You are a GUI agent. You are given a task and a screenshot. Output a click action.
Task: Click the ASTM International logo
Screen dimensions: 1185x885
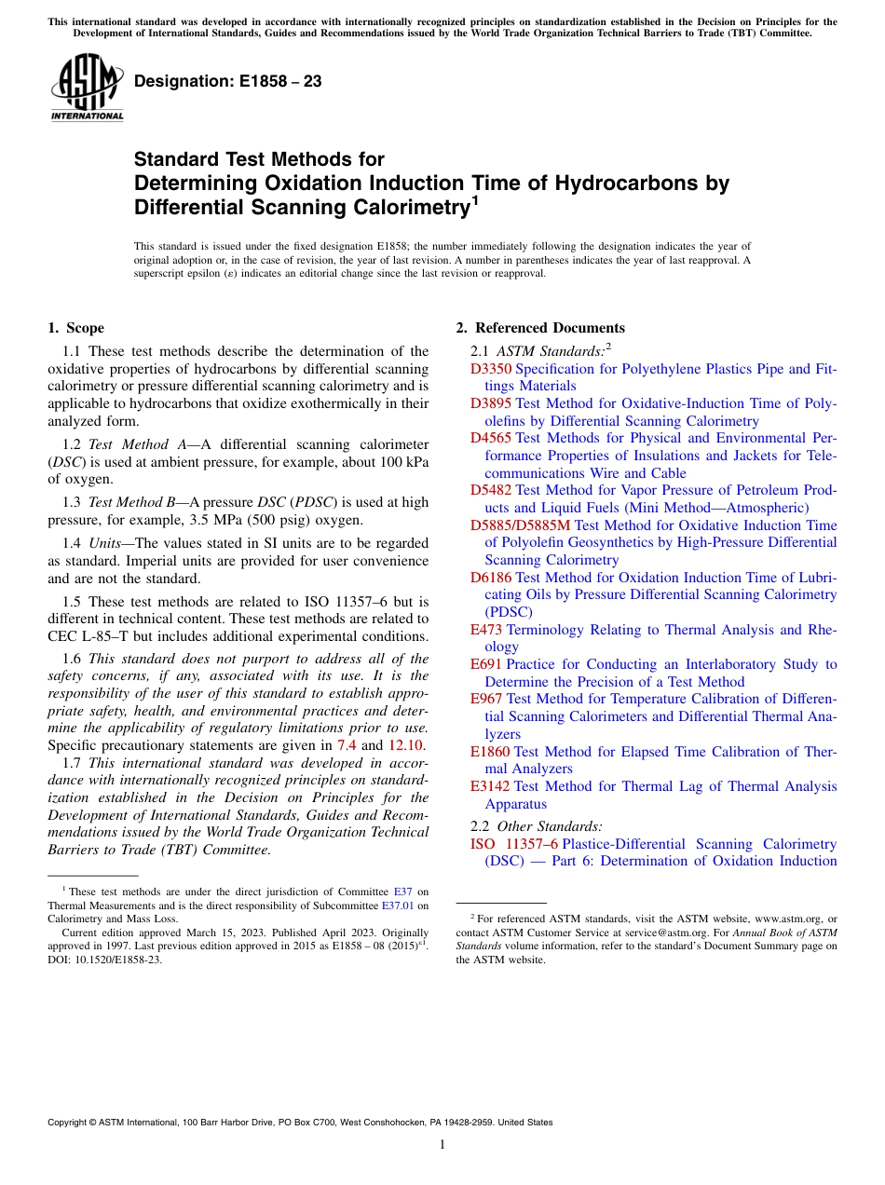(87, 88)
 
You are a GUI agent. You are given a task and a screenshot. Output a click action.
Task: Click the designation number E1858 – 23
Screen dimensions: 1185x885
(228, 82)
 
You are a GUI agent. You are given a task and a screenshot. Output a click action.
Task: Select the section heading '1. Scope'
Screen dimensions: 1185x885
(75, 328)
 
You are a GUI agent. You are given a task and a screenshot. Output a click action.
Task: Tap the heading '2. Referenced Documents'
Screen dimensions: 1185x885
(540, 328)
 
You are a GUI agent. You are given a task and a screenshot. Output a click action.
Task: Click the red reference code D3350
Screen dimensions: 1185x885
(490, 369)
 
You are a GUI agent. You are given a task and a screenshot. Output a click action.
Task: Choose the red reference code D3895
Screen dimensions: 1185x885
(490, 403)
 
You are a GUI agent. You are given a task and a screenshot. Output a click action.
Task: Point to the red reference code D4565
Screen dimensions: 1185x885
(490, 438)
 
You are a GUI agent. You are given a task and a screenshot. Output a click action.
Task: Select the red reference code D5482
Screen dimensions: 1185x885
(490, 490)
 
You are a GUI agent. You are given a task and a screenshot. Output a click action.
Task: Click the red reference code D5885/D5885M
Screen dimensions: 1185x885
(520, 525)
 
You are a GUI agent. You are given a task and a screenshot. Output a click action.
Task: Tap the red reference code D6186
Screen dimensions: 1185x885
(490, 578)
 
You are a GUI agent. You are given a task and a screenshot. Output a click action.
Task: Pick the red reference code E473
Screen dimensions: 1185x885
(486, 630)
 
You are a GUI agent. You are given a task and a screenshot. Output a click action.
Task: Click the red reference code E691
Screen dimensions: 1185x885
(486, 664)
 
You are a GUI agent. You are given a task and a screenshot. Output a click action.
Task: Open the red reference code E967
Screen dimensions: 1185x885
(486, 699)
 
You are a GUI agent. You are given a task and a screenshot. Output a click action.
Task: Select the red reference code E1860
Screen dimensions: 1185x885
(490, 752)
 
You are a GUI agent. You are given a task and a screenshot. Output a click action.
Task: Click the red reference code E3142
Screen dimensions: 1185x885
(490, 786)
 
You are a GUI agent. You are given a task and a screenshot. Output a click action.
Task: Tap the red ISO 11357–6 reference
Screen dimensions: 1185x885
(514, 844)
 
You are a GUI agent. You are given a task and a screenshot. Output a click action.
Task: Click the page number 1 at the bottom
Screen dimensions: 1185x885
(442, 1145)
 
